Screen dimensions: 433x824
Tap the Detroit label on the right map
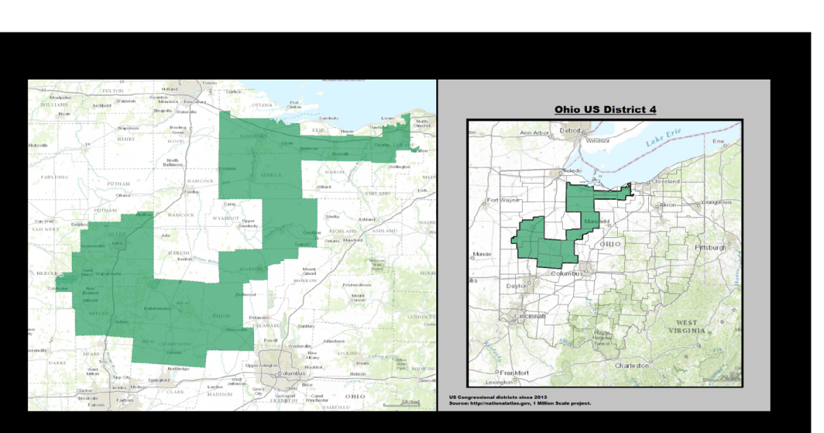click(x=570, y=130)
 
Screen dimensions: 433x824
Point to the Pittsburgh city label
click(x=710, y=247)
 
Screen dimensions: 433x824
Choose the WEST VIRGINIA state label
click(x=689, y=326)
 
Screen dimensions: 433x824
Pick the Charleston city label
click(x=632, y=366)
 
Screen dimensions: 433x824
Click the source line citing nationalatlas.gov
click(x=520, y=403)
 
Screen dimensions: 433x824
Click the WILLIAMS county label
click(x=54, y=104)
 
